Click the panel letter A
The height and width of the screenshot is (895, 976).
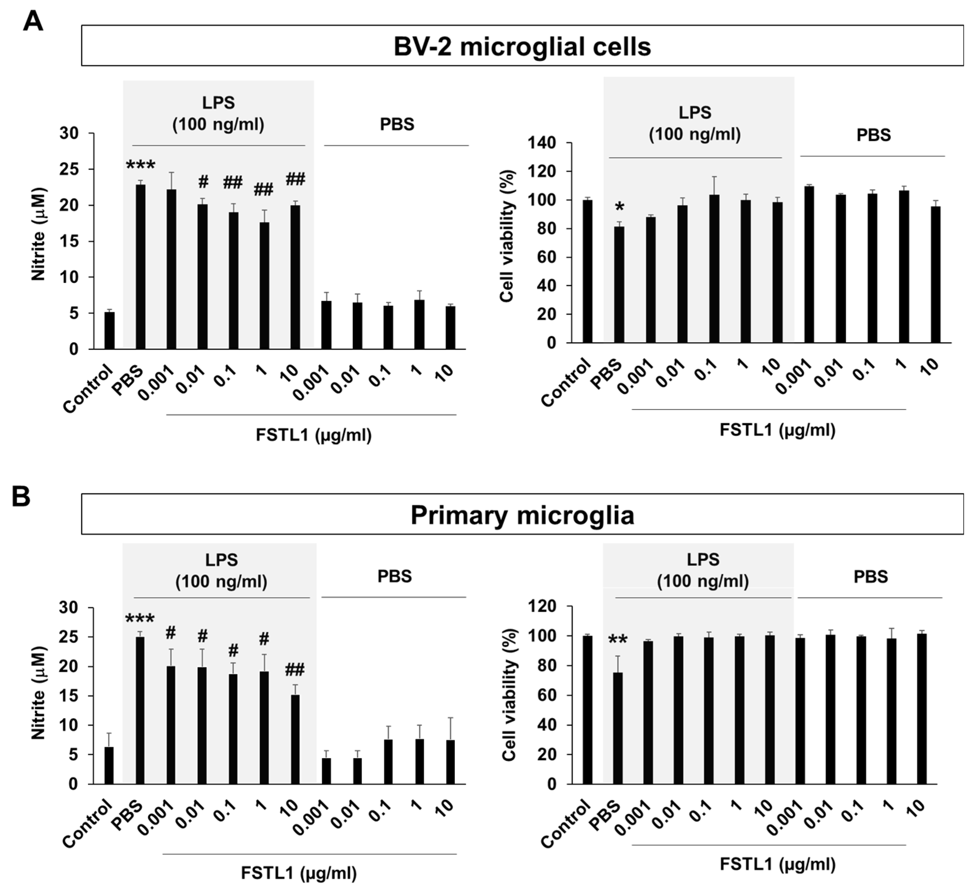click(x=32, y=21)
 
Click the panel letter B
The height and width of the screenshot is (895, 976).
click(x=21, y=497)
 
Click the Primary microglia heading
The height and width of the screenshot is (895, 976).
click(x=522, y=515)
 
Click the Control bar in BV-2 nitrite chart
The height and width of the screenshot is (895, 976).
click(x=110, y=330)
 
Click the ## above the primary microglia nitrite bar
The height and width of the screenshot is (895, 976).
click(x=294, y=670)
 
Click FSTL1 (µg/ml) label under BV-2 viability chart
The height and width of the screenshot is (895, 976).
click(x=777, y=430)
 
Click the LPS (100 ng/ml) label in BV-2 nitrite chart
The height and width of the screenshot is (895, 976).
click(x=219, y=114)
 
